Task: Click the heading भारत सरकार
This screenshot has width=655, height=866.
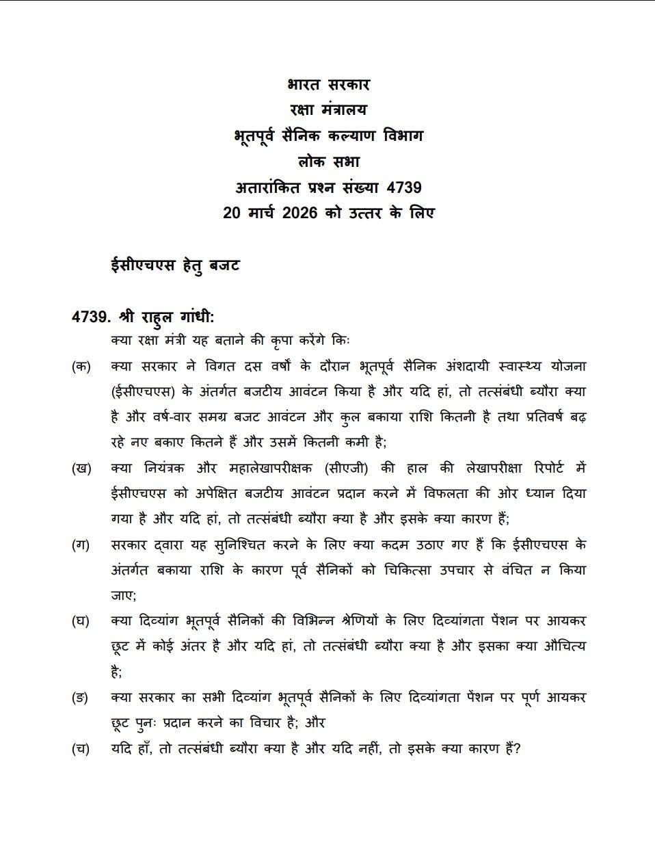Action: (x=328, y=85)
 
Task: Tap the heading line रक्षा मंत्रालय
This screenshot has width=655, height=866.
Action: (x=328, y=109)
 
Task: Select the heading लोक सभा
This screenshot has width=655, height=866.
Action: (x=328, y=161)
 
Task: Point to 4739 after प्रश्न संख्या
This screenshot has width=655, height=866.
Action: (x=403, y=187)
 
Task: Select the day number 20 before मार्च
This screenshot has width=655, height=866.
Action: (x=232, y=213)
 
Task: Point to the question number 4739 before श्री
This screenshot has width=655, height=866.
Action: (x=90, y=317)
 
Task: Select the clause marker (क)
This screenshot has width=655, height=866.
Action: (x=81, y=366)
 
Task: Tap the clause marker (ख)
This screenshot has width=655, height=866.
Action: (x=81, y=469)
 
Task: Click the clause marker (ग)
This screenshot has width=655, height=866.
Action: (x=81, y=545)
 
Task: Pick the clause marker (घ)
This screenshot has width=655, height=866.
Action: (x=81, y=622)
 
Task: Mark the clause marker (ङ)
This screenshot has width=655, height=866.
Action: (x=81, y=698)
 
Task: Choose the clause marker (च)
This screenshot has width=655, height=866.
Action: (x=81, y=748)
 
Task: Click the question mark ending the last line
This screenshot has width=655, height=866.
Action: (x=517, y=748)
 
